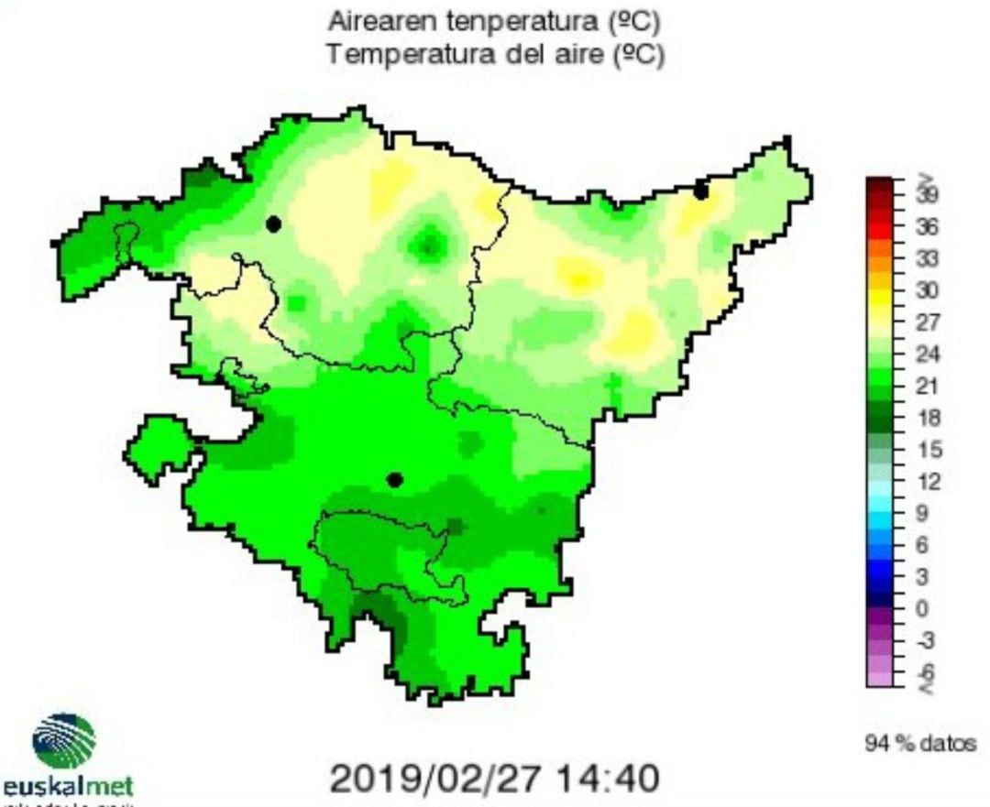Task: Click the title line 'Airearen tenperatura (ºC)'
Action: (x=494, y=20)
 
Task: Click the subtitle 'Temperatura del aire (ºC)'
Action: (x=494, y=55)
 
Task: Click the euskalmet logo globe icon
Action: (x=64, y=741)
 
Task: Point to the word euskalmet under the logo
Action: (x=70, y=787)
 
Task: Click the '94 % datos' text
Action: (x=920, y=743)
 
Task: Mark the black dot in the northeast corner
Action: (x=701, y=191)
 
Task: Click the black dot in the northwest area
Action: (x=273, y=224)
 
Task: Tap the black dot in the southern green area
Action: (x=395, y=479)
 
